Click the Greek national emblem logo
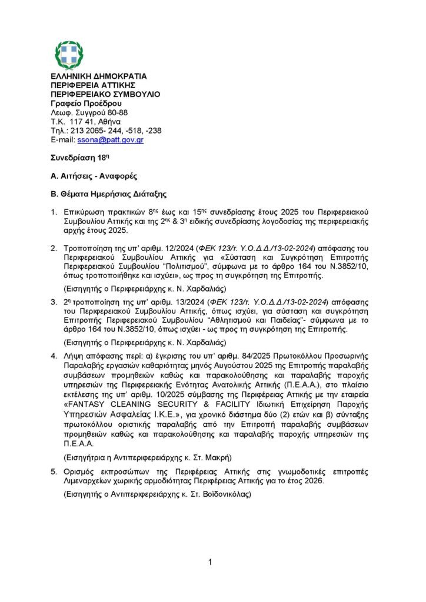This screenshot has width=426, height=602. click(x=69, y=55)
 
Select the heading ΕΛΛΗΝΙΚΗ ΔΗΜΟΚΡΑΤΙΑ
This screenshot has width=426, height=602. click(x=99, y=76)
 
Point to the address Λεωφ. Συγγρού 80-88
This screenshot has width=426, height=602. click(x=89, y=112)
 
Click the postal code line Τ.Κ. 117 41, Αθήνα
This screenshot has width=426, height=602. click(x=86, y=122)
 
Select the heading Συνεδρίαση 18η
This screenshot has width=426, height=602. click(x=72, y=158)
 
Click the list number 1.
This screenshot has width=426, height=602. click(x=53, y=212)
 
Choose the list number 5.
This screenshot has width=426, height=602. click(x=53, y=472)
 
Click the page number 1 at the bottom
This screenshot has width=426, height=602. click(x=210, y=563)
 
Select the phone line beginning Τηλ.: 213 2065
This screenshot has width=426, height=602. click(x=106, y=131)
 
